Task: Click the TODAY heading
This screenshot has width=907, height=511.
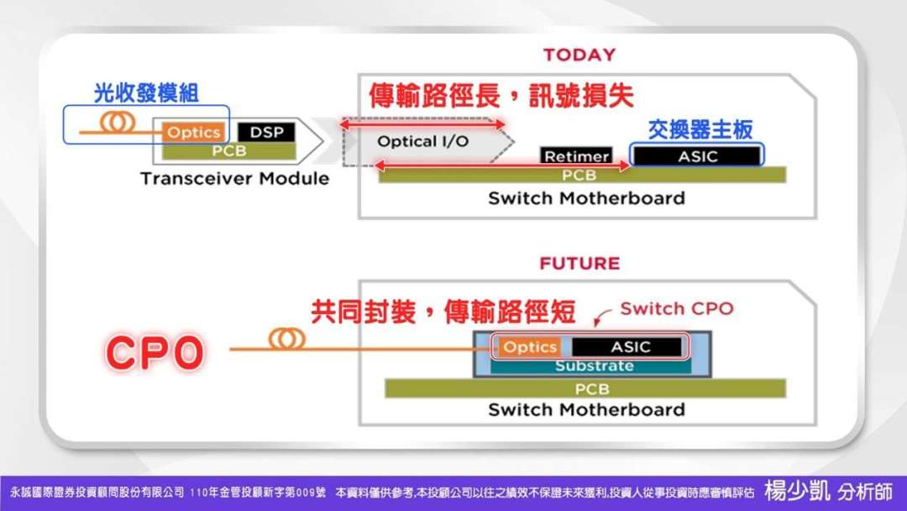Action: click(x=579, y=55)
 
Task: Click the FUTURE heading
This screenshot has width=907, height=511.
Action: click(x=579, y=263)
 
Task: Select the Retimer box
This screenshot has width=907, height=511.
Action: click(x=576, y=156)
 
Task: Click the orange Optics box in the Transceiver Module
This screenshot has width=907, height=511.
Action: click(x=194, y=132)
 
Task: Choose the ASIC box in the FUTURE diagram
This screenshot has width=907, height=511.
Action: click(x=630, y=347)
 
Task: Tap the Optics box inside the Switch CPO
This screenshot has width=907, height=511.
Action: click(x=530, y=347)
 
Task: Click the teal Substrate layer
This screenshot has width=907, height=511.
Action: click(x=594, y=366)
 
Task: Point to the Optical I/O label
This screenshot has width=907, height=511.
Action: click(x=422, y=141)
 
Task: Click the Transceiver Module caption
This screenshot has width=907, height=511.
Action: click(x=234, y=179)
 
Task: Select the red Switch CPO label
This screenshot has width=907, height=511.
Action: click(x=676, y=308)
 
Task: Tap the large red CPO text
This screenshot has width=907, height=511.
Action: click(x=155, y=352)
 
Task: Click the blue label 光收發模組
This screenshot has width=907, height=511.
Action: click(x=146, y=93)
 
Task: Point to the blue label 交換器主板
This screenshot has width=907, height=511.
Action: click(x=700, y=129)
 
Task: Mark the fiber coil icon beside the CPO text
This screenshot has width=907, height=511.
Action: click(x=286, y=339)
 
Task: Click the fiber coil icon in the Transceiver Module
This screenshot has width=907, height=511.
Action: click(x=118, y=123)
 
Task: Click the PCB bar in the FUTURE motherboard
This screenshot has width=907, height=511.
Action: click(x=585, y=389)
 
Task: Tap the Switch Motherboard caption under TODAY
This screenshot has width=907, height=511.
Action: click(x=586, y=199)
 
